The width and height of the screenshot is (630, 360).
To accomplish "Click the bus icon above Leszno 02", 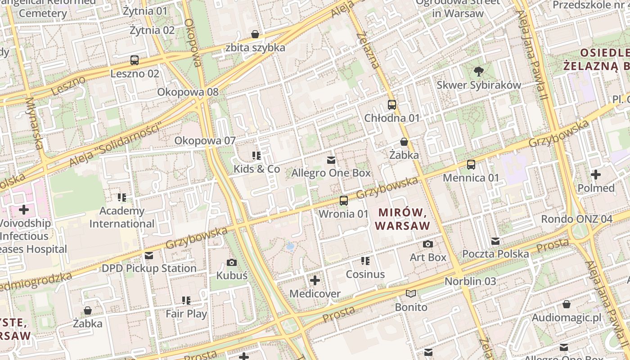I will pyautogui.click(x=134, y=60).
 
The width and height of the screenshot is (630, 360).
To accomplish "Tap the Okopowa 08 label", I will pyautogui.click(x=188, y=92).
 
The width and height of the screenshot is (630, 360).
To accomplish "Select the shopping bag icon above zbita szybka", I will pyautogui.click(x=255, y=34).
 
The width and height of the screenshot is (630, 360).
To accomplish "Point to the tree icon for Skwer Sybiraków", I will pyautogui.click(x=479, y=71).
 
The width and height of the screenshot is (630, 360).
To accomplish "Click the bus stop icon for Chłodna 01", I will pyautogui.click(x=392, y=105).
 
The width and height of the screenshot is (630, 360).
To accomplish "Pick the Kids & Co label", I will pyautogui.click(x=256, y=169).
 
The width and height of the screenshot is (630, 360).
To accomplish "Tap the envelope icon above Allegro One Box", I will pyautogui.click(x=331, y=160).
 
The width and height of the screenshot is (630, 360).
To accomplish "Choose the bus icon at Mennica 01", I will pyautogui.click(x=471, y=165).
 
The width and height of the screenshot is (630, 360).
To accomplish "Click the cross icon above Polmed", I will pyautogui.click(x=596, y=175).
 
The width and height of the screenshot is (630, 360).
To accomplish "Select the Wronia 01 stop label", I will pyautogui.click(x=343, y=214).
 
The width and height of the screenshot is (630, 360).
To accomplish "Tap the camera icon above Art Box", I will pyautogui.click(x=428, y=244).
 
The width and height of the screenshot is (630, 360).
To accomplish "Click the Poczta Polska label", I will pyautogui.click(x=495, y=254).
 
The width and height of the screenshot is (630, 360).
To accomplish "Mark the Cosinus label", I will pyautogui.click(x=365, y=274).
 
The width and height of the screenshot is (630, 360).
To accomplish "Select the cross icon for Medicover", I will pyautogui.click(x=315, y=281).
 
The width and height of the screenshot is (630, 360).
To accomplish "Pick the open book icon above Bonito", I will pyautogui.click(x=411, y=294).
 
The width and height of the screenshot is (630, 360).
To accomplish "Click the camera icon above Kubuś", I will pyautogui.click(x=232, y=262).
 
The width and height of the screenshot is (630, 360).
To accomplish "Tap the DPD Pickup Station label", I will pyautogui.click(x=149, y=269).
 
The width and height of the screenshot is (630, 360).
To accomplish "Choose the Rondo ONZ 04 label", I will pyautogui.click(x=576, y=219).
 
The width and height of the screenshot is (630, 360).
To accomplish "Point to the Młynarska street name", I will pyautogui.click(x=35, y=124).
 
